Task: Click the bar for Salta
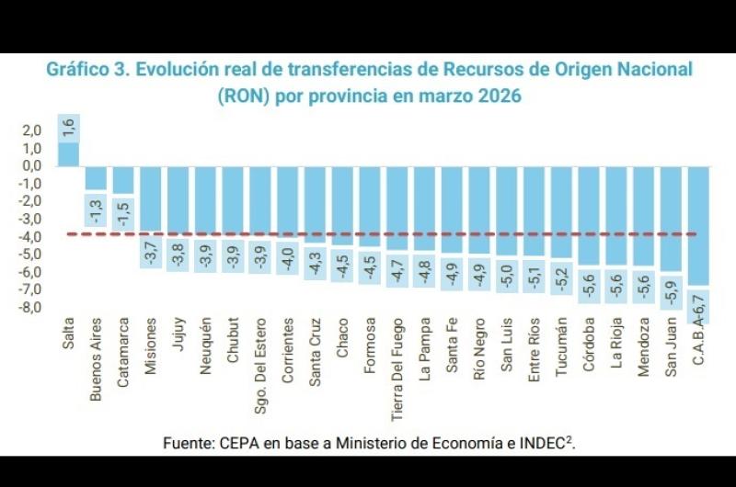click(68, 153)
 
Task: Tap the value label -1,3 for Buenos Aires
click(96, 209)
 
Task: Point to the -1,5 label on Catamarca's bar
click(123, 212)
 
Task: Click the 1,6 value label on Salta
click(68, 129)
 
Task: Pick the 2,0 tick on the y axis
click(32, 131)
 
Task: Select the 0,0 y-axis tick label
click(32, 166)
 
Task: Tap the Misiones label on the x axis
click(151, 345)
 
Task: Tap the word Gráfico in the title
click(78, 70)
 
